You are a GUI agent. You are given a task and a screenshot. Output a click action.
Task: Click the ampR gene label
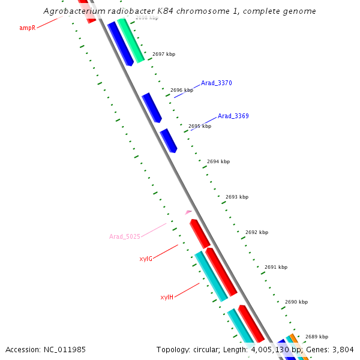pos(27,28)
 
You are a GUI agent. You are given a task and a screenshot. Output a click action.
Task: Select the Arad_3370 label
pos(216,83)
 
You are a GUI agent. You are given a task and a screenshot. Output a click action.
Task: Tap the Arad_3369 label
pos(233,116)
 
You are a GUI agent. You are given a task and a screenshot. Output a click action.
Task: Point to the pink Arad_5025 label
pos(124,236)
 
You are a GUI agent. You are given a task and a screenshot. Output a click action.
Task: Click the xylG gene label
pos(146,259)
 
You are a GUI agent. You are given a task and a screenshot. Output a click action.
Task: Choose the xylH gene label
pos(167,297)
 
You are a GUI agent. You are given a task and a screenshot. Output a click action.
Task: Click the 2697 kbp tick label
pos(164,54)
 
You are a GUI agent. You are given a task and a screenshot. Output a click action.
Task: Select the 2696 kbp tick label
pos(182,90)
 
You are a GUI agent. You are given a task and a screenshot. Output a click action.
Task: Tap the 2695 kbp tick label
pos(200,126)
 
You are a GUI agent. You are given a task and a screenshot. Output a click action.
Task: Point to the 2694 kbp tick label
pos(218,161)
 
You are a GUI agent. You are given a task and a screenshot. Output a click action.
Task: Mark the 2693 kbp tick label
pos(237,197)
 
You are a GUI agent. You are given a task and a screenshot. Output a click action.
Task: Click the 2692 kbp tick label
pos(257,232)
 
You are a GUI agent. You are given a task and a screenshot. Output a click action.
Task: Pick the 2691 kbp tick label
pos(276,267)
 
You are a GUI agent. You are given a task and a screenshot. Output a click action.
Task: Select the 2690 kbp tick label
pos(296,302)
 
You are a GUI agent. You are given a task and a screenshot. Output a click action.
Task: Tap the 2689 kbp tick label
pos(317,337)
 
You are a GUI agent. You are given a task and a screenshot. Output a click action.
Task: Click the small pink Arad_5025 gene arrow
pos(188,212)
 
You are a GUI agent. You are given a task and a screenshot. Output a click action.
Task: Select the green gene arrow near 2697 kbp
pos(131,41)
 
